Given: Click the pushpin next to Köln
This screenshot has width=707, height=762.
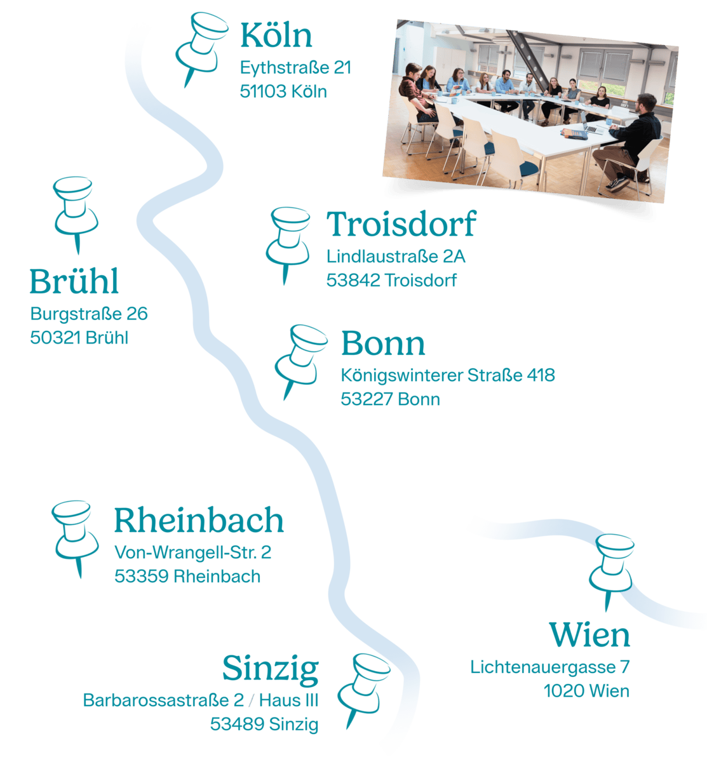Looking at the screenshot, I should click(203, 44).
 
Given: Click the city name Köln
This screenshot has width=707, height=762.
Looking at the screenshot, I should click(276, 36).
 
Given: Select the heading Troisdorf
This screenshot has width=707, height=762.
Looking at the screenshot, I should click(401, 225).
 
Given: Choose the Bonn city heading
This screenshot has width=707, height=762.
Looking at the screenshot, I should click(383, 344).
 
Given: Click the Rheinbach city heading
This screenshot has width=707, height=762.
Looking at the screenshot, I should click(199, 521).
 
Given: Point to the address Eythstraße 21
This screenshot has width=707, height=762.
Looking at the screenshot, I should click(295, 68).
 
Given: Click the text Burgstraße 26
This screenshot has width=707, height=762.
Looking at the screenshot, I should click(89, 314).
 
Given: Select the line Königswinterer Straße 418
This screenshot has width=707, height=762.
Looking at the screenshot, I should click(447, 375).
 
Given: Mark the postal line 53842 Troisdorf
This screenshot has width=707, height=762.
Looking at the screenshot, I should click(391, 280).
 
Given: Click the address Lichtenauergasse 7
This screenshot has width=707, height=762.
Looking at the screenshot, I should click(549, 668).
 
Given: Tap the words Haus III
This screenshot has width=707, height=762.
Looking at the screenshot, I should click(289, 701).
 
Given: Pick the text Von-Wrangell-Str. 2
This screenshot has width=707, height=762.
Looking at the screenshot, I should click(192, 552).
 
